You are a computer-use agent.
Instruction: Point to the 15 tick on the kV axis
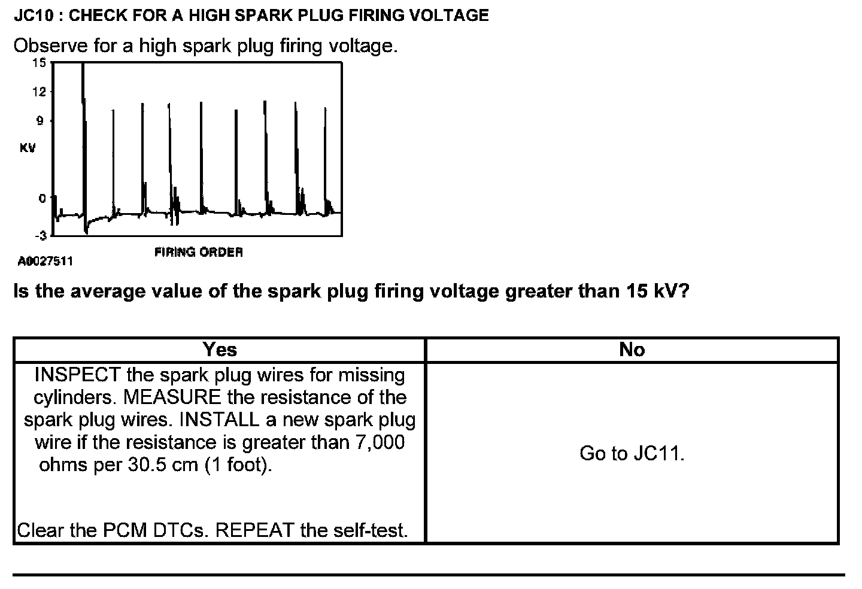pyautogui.click(x=39, y=63)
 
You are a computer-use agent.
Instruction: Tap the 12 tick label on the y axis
pyautogui.click(x=39, y=92)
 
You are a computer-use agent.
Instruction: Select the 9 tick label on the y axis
pyautogui.click(x=40, y=121)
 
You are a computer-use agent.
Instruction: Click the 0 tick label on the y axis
pyautogui.click(x=42, y=198)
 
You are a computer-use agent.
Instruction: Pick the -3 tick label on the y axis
pyautogui.click(x=40, y=236)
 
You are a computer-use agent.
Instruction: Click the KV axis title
pyautogui.click(x=28, y=148)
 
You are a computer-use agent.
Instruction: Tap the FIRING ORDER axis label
pyautogui.click(x=199, y=253)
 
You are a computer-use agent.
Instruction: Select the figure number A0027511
pyautogui.click(x=45, y=261)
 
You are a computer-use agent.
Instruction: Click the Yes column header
pyautogui.click(x=220, y=350)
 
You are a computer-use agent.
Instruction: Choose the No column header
pyautogui.click(x=632, y=350)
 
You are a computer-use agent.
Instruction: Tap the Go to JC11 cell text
pyautogui.click(x=632, y=454)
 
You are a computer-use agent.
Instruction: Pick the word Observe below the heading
pyautogui.click(x=51, y=45)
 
